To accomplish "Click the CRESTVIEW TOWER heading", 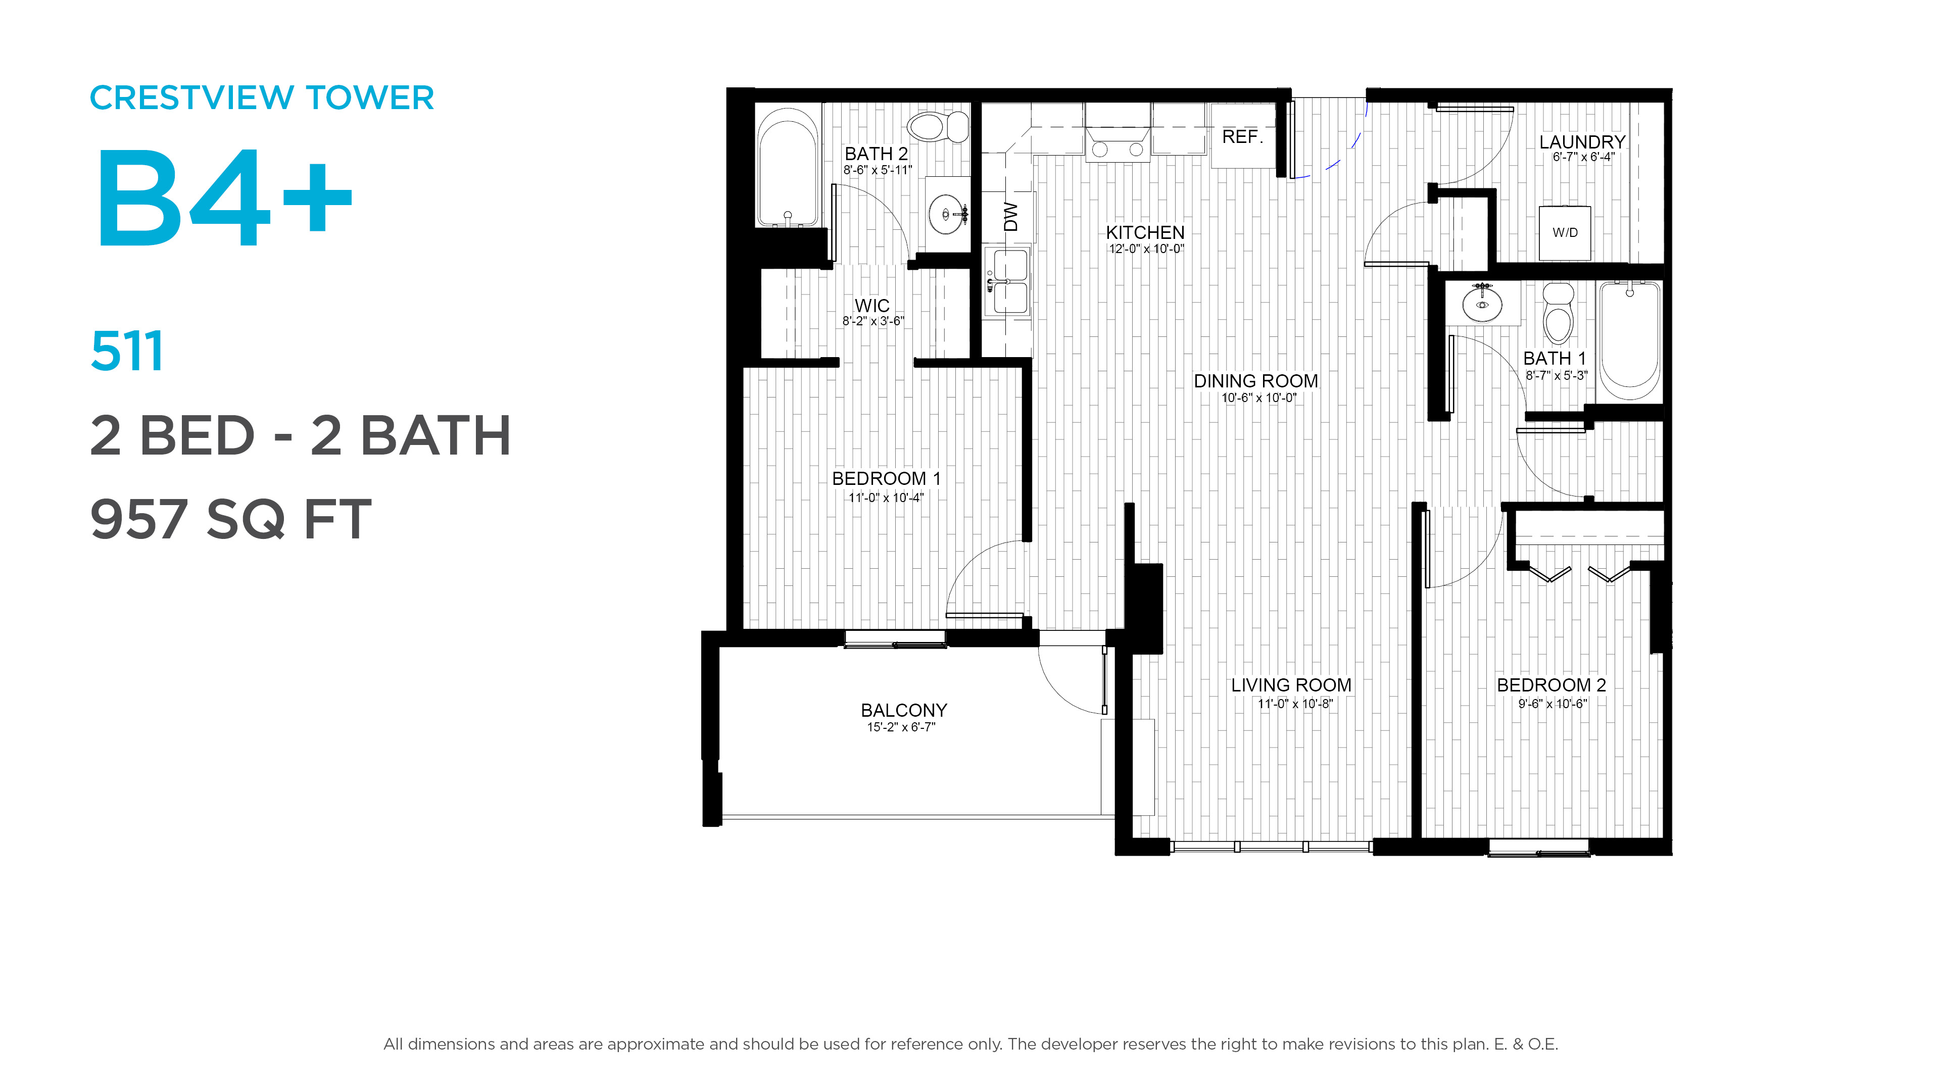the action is (x=261, y=98).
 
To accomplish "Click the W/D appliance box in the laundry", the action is (x=1565, y=233).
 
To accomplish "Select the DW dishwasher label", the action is (x=1010, y=217).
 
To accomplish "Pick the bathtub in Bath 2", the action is (x=788, y=167).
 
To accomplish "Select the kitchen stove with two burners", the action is (x=1118, y=143).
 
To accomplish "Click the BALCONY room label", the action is (x=904, y=710).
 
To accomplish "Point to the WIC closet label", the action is (x=872, y=306).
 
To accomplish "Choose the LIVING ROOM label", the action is (x=1291, y=685).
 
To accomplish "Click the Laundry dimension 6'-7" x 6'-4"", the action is (x=1583, y=158).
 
